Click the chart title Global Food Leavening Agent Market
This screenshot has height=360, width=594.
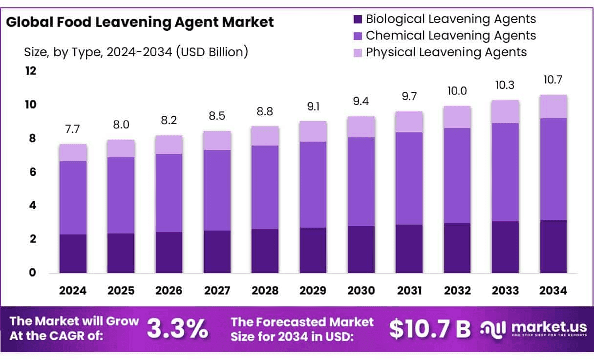point(140,22)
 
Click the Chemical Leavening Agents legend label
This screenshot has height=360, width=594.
point(450,36)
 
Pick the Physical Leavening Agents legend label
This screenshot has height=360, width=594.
point(446,52)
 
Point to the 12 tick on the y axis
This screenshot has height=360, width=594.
point(31,71)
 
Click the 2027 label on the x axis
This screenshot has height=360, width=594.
point(217,291)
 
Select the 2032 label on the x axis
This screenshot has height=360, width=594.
point(458,291)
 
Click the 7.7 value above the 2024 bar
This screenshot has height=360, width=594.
point(73,129)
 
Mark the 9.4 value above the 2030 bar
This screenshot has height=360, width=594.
point(361,101)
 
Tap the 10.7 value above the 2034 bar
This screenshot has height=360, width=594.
point(553,80)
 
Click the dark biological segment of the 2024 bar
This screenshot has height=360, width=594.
point(73,254)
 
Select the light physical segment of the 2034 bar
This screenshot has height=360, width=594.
point(553,106)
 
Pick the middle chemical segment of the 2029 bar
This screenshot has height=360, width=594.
point(313,185)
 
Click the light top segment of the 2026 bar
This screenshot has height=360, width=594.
point(169,145)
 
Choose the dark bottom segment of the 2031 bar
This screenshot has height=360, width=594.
point(409,249)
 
